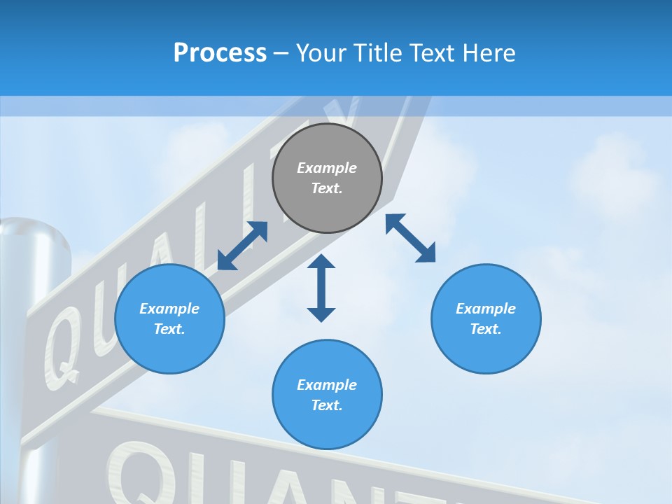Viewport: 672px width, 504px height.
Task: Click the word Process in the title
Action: [x=220, y=53]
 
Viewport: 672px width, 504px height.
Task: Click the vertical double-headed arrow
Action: [x=321, y=288]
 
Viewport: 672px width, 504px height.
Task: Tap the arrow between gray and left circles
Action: [x=242, y=246]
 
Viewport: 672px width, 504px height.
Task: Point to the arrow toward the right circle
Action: [x=410, y=238]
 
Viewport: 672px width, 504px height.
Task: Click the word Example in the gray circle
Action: [x=327, y=168]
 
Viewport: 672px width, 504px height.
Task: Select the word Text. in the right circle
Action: [x=486, y=329]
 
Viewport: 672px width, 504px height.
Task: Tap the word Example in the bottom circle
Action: [x=327, y=384]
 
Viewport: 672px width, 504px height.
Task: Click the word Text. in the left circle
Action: [x=169, y=329]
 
